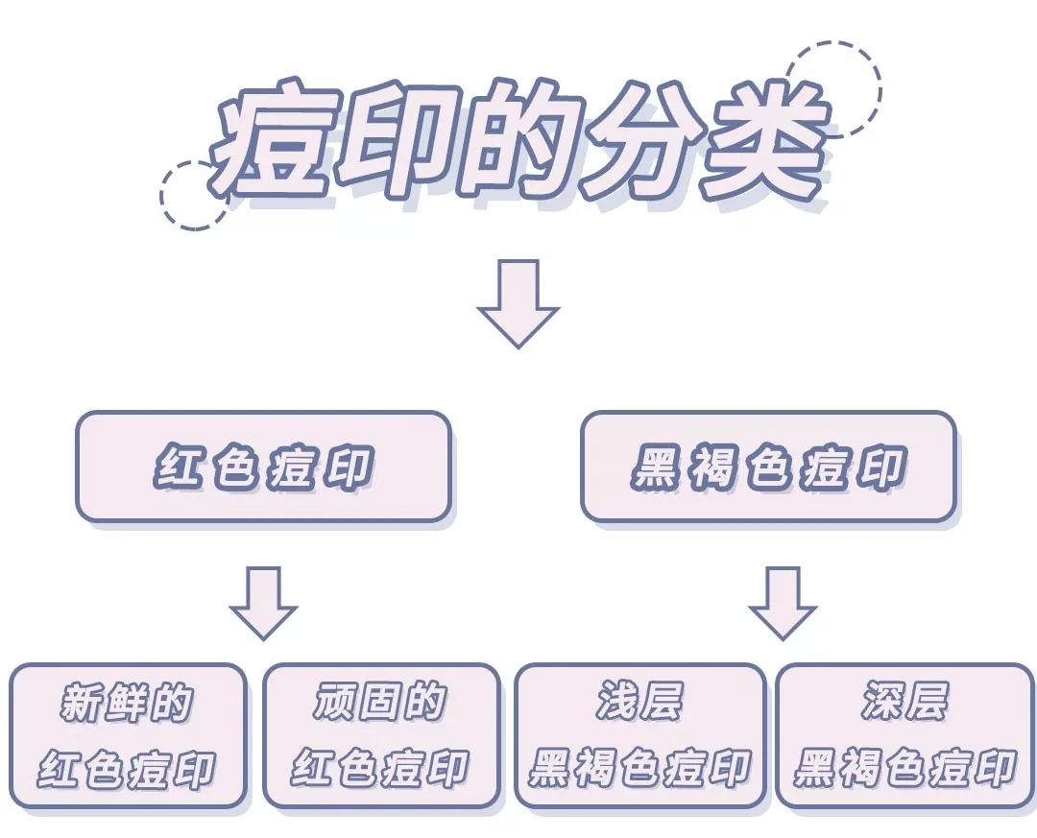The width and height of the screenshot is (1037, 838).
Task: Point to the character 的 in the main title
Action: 518,144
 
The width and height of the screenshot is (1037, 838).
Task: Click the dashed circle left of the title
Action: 193,195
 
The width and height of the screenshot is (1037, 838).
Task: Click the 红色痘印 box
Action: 263,467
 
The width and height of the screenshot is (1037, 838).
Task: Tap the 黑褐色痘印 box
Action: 768,467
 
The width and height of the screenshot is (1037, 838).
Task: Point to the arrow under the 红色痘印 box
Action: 263,602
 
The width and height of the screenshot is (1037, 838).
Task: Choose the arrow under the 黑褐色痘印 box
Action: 782,602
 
